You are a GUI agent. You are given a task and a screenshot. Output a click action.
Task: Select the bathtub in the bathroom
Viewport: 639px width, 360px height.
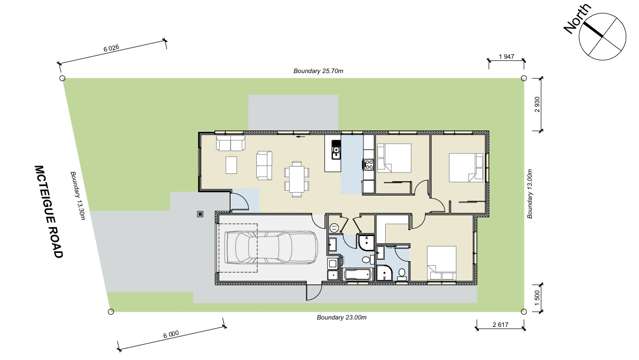358,273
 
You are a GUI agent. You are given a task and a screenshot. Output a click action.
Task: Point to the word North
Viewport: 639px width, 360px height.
576,18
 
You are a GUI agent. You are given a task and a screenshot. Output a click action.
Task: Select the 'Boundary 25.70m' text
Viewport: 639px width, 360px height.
319,71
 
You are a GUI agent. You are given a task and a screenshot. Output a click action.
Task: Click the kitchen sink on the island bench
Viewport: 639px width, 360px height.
336,152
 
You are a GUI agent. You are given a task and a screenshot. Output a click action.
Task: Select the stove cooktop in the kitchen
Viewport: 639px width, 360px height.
368,163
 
